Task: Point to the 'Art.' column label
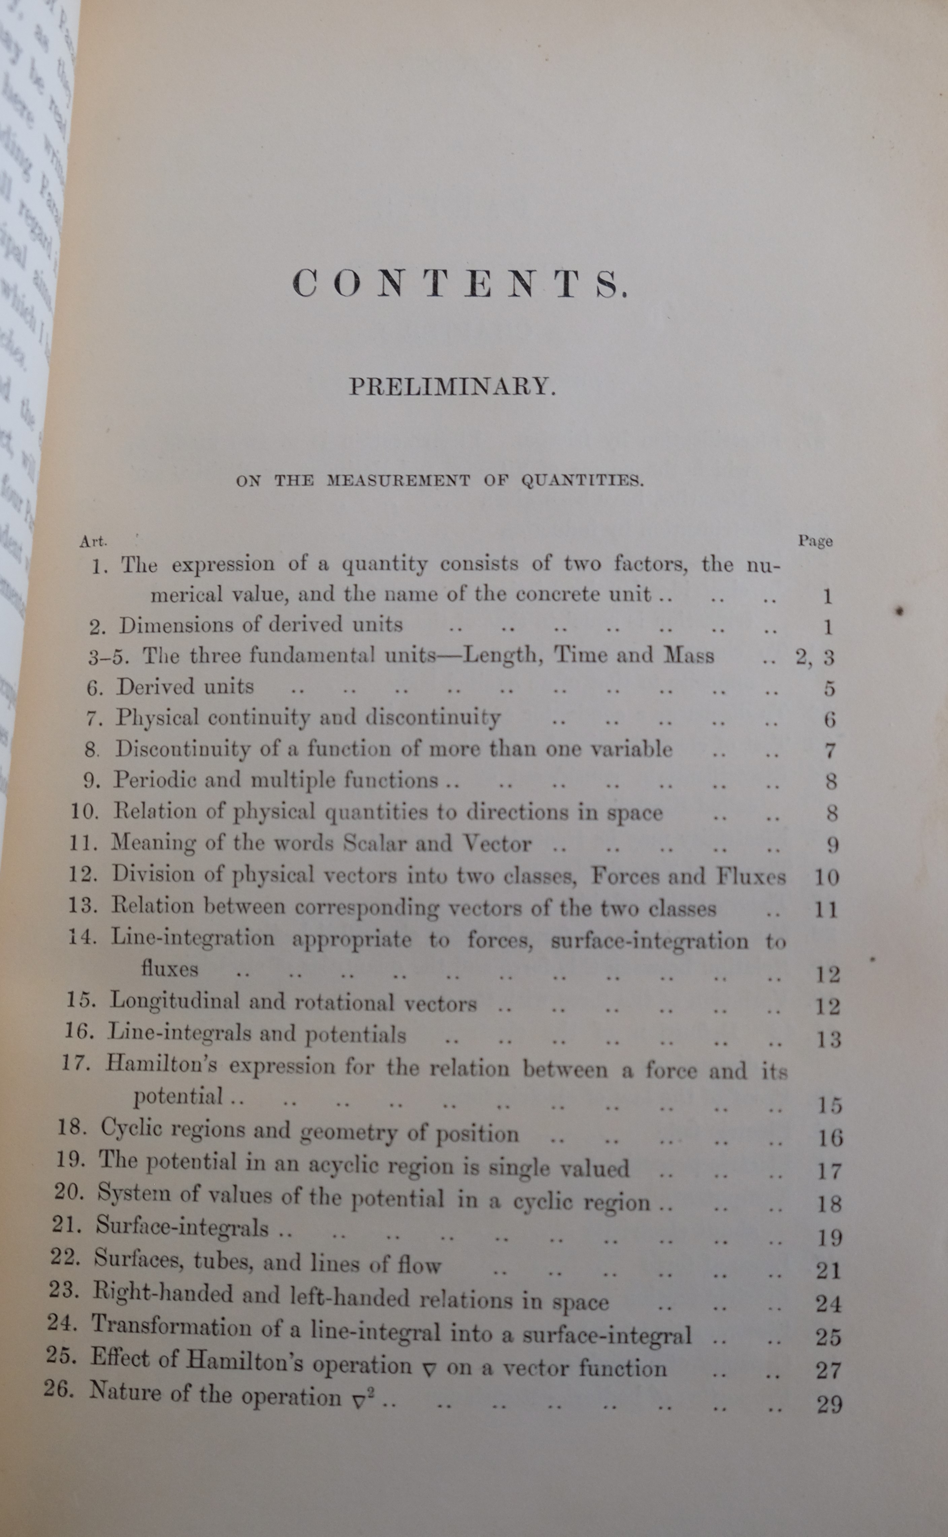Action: coord(93,540)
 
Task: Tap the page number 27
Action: coord(828,1371)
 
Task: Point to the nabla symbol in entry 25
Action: coord(429,1370)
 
